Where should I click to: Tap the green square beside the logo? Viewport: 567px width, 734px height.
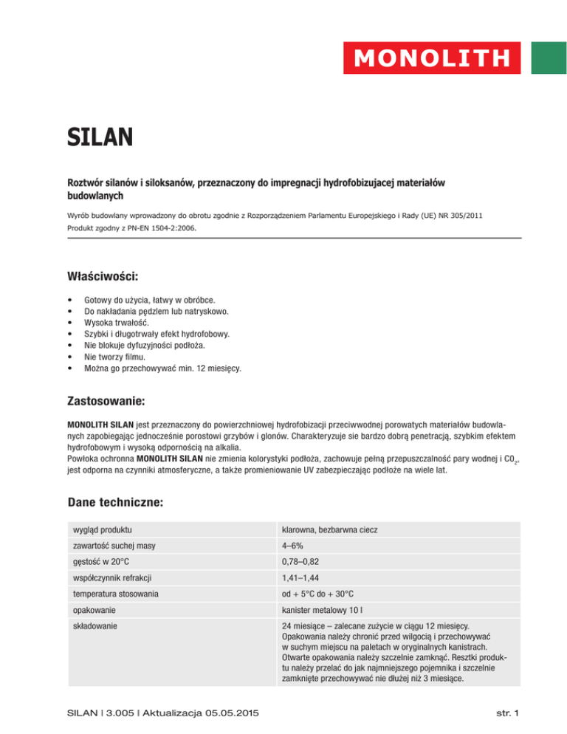tap(549, 57)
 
